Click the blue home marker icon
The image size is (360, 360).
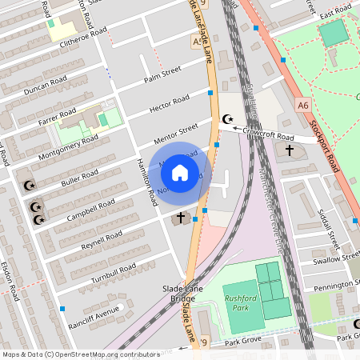180,172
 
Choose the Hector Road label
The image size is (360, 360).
170,103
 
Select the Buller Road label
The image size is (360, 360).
79,178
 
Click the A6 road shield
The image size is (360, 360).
302,104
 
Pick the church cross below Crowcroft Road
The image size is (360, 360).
289,150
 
